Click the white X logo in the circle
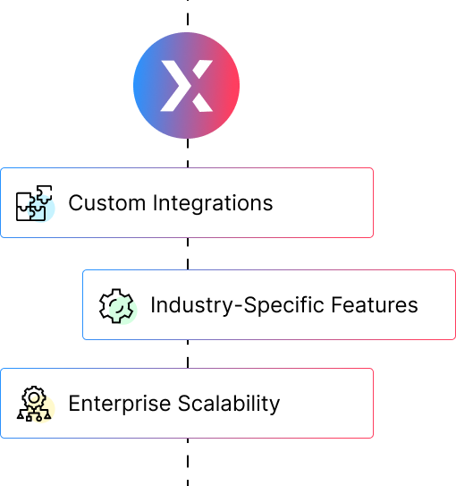pyautogui.click(x=186, y=86)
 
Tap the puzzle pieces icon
pyautogui.click(x=34, y=203)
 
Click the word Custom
pyautogui.click(x=107, y=203)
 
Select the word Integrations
pyautogui.click(x=213, y=204)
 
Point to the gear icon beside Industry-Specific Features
pyautogui.click(x=116, y=306)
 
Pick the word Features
pyautogui.click(x=375, y=305)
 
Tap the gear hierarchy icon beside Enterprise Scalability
pyautogui.click(x=34, y=404)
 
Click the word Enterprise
pyautogui.click(x=120, y=405)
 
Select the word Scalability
pyautogui.click(x=229, y=404)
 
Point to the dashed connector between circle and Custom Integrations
pyautogui.click(x=188, y=153)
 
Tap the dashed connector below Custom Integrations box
pyautogui.click(x=188, y=253)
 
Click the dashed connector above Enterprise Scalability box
pyautogui.click(x=188, y=354)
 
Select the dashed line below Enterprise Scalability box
pyautogui.click(x=188, y=462)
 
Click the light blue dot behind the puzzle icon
pyautogui.click(x=41, y=208)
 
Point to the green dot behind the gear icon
pyautogui.click(x=122, y=311)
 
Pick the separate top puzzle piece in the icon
pyautogui.click(x=45, y=194)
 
